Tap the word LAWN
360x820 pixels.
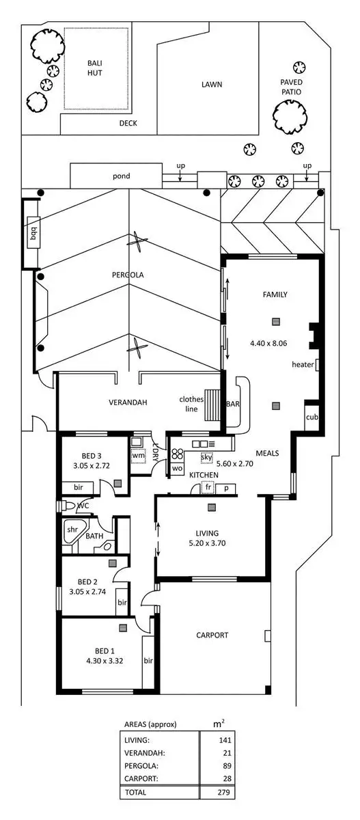coord(212,85)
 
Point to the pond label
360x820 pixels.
coord(122,176)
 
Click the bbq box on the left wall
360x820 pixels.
coord(32,234)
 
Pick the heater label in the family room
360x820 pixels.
coord(303,364)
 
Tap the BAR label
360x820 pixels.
coord(233,404)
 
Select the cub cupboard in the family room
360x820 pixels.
coord(311,417)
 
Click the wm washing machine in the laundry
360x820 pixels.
coord(138,454)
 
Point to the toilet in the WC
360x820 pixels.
coord(67,506)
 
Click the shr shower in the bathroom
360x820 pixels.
coord(72,530)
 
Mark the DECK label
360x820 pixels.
coord(128,124)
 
